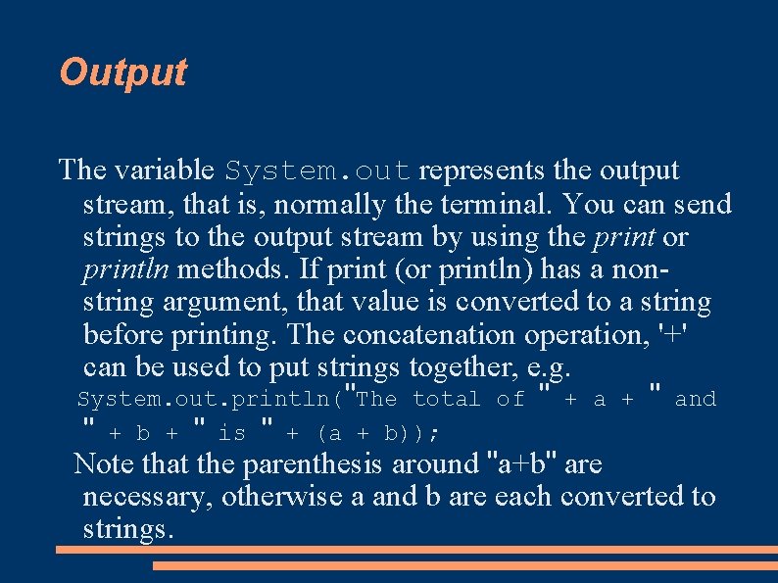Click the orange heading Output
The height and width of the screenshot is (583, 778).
pyautogui.click(x=122, y=73)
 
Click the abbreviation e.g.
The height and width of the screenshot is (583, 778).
pyautogui.click(x=549, y=368)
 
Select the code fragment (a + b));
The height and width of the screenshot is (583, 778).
pyautogui.click(x=376, y=433)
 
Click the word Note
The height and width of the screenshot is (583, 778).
pyautogui.click(x=102, y=463)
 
